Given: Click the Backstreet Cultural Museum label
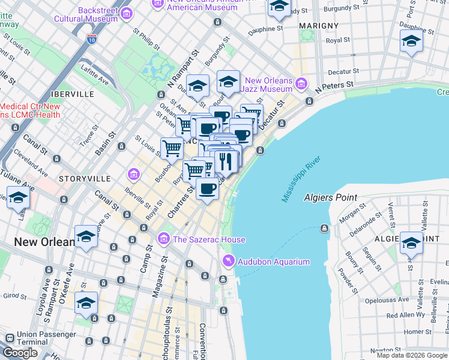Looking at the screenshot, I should (81, 15).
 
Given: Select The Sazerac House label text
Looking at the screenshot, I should (208, 240).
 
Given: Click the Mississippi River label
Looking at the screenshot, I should (302, 179).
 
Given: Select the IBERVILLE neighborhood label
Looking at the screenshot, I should (73, 94).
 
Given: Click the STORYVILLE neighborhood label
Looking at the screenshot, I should (85, 179).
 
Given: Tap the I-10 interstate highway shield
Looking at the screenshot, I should (91, 39).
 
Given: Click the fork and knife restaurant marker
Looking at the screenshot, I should (226, 161).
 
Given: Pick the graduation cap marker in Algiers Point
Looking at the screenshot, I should (411, 243).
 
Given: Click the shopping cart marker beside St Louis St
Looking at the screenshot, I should (172, 147).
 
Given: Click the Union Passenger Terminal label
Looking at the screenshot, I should (24, 338).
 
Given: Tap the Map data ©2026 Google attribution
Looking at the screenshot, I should (412, 355).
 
